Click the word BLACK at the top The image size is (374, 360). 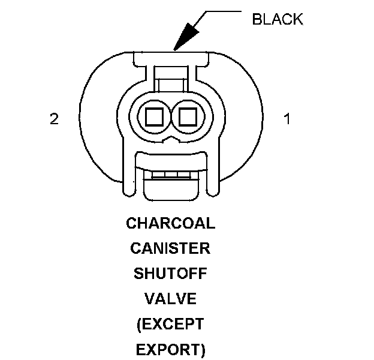[277, 19]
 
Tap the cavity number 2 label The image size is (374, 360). [54, 119]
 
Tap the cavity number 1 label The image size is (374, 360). [287, 119]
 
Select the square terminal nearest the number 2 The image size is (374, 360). [150, 115]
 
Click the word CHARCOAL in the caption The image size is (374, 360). [170, 224]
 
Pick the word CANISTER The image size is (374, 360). [170, 248]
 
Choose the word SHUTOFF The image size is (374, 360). [170, 274]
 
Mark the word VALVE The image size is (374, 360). [170, 299]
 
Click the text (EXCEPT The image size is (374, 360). [170, 324]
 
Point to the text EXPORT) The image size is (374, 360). [170, 349]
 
